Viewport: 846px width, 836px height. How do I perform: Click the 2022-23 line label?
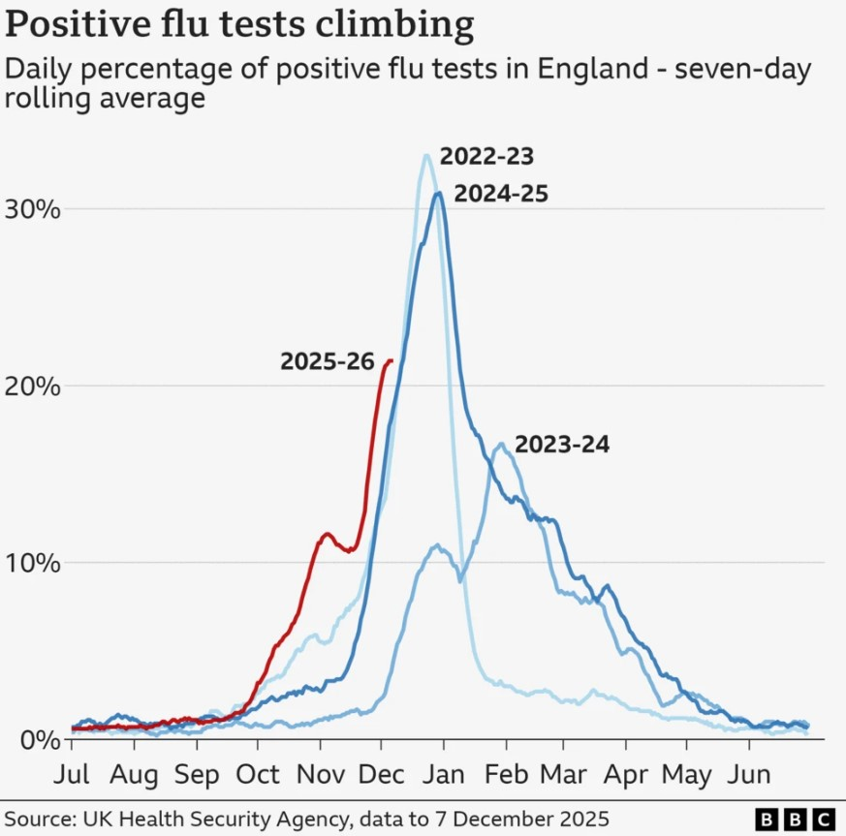click(x=486, y=157)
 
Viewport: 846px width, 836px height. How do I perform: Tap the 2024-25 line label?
click(x=501, y=194)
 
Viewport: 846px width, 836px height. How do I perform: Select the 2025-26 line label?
click(x=327, y=361)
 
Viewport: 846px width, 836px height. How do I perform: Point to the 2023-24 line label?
click(x=562, y=446)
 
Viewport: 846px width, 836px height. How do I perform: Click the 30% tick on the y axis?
click(x=34, y=209)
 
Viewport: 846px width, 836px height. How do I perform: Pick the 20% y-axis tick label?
click(x=34, y=387)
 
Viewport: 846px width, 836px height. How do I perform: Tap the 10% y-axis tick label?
click(x=34, y=563)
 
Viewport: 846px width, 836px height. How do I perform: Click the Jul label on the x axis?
click(x=72, y=775)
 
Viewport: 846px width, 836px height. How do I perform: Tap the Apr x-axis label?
click(x=626, y=775)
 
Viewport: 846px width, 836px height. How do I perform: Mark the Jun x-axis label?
click(x=749, y=775)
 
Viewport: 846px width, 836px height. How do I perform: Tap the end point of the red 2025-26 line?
click(x=391, y=361)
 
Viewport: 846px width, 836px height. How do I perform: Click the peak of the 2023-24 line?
click(x=501, y=445)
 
